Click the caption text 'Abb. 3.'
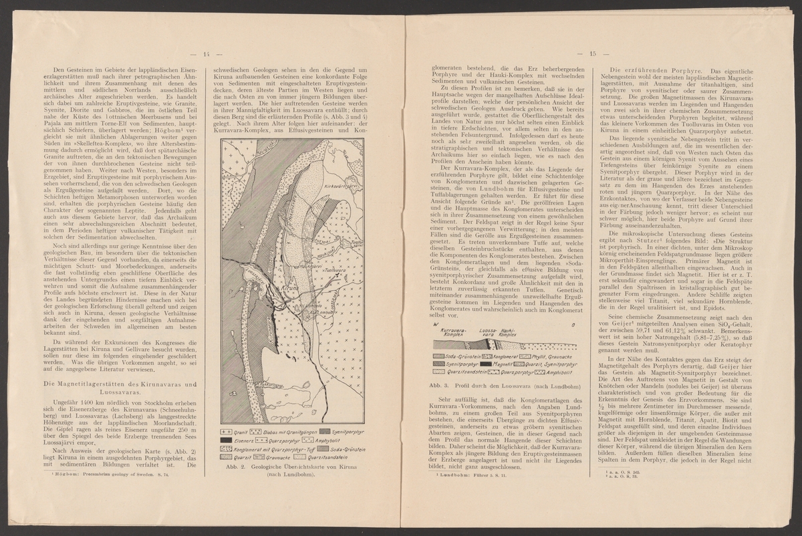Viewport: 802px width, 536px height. [x=436, y=387]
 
